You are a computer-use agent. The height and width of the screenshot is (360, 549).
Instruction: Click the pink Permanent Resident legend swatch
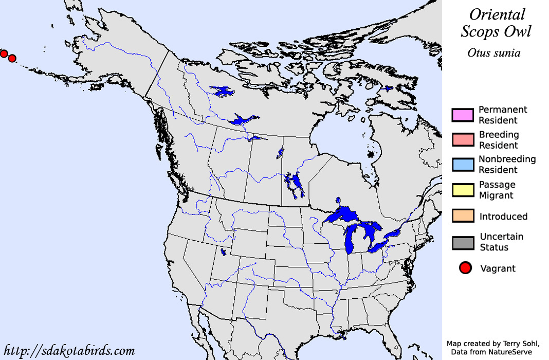[x=462, y=115]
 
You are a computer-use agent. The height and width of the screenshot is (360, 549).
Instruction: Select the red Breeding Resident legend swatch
[x=462, y=140]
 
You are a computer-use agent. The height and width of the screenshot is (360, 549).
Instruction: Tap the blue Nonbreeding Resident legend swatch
[x=462, y=165]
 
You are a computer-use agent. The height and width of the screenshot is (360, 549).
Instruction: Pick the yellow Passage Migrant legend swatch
[x=462, y=190]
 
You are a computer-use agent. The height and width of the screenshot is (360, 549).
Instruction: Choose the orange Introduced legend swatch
[x=462, y=216]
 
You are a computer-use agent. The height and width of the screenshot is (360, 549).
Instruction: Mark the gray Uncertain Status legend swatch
[x=462, y=242]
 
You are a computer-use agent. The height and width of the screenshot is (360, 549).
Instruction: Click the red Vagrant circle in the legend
[x=466, y=268]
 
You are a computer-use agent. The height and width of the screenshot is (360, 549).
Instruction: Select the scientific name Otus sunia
[x=493, y=53]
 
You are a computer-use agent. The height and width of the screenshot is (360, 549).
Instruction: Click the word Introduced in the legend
[x=503, y=217]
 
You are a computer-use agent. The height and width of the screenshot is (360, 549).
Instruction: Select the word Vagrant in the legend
[x=497, y=268]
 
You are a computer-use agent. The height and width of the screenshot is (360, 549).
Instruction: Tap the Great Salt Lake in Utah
[x=223, y=253]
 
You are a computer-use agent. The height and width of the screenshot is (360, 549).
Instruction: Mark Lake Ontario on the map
[x=395, y=234]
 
